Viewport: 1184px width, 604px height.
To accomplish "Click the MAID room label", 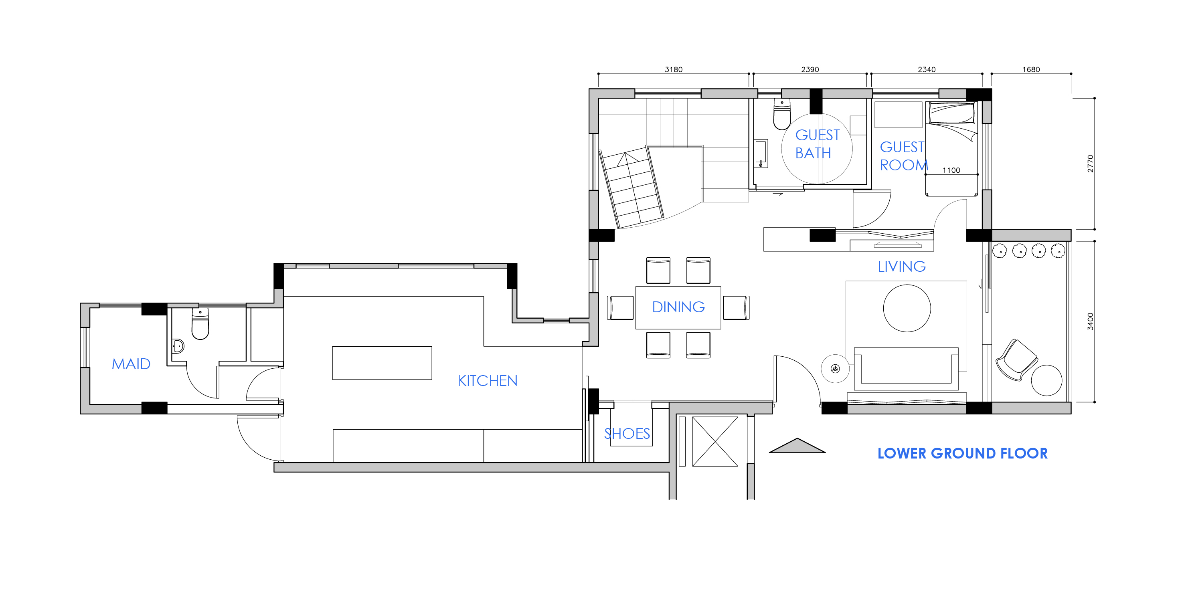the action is (x=131, y=364).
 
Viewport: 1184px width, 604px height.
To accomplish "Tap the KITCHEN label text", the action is (x=488, y=381).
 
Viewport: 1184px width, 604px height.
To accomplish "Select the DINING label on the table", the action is (x=678, y=307).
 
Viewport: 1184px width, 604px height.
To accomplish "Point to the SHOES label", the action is (x=627, y=434).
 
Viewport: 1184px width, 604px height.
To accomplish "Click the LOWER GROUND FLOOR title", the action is (x=962, y=453).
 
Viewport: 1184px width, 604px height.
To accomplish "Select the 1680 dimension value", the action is (x=1031, y=69).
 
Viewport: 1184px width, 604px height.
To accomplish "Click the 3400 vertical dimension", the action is (x=1090, y=321).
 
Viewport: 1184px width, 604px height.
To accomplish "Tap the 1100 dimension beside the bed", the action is (x=951, y=170).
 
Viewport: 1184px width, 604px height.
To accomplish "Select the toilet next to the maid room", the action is (x=200, y=324).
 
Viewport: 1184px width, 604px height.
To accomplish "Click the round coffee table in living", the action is (x=907, y=308).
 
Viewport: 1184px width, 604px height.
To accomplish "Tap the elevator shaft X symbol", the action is (x=715, y=441).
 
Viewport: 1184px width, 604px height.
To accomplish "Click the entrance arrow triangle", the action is (x=797, y=446).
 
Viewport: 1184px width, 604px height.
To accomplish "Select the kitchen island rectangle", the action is (x=382, y=363).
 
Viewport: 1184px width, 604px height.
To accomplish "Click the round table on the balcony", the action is (x=1046, y=380).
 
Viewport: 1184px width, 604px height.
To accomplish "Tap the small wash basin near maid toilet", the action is (x=178, y=346).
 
